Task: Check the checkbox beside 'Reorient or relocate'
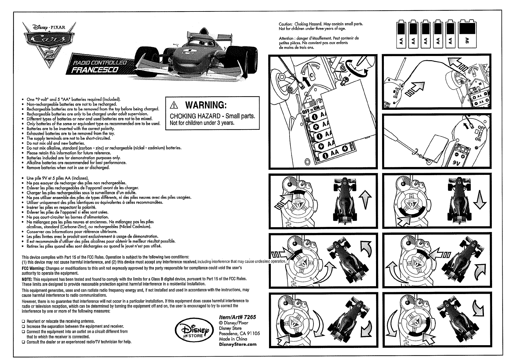24,321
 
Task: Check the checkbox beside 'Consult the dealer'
24,342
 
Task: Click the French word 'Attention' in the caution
286,38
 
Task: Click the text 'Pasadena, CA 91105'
239,333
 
